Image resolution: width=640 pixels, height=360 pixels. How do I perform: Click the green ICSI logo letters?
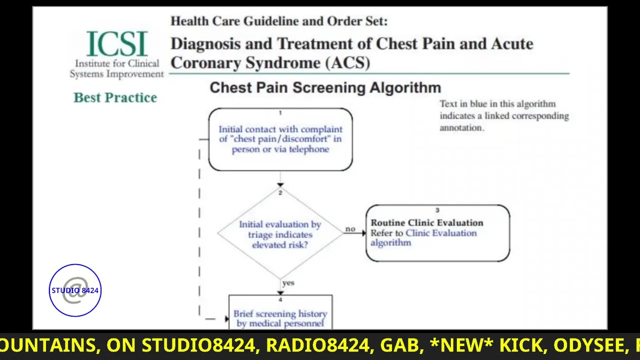117,44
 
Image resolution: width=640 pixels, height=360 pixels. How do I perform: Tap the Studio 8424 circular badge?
75,290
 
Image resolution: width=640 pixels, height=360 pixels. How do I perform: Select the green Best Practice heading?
115,97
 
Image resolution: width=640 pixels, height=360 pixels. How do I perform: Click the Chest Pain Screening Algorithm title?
325,88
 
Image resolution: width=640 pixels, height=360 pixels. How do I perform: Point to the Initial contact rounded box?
280,139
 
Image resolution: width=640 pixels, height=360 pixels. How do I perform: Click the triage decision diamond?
280,234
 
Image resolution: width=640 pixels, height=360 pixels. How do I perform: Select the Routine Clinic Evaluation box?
437,233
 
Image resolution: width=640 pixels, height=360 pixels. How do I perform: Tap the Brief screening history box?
280,315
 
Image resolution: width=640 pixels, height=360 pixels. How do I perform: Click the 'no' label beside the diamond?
350,229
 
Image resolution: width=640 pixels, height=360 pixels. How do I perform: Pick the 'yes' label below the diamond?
288,283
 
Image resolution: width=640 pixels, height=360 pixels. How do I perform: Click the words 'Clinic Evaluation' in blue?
441,233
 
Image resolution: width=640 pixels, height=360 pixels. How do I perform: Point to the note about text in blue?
504,115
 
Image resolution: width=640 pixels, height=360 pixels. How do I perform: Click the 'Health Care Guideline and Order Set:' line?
279,21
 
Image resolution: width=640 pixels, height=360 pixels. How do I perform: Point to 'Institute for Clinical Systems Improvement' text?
116,69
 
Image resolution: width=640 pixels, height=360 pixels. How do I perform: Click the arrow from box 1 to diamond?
280,179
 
